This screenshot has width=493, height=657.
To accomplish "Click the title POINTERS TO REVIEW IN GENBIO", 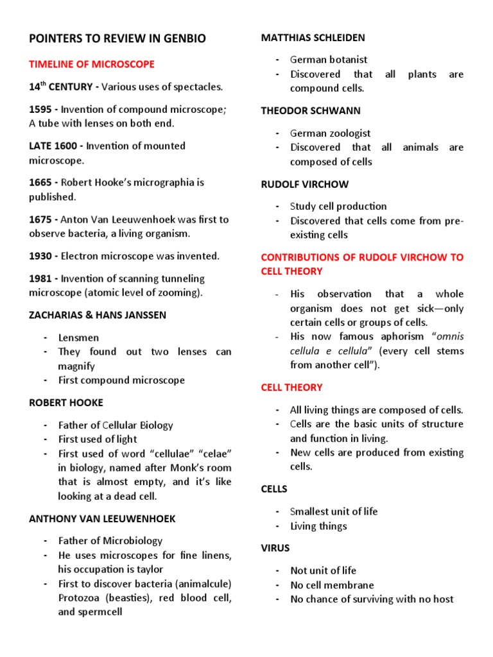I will pyautogui.click(x=117, y=39).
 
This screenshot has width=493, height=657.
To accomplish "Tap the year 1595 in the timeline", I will pyautogui.click(x=41, y=109).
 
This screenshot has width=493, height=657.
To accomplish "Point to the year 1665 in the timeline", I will pyautogui.click(x=41, y=182).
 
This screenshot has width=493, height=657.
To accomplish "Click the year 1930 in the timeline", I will pyautogui.click(x=41, y=256).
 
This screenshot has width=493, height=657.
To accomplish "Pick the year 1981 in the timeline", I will pyautogui.click(x=41, y=278).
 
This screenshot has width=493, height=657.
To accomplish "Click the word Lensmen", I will pyautogui.click(x=78, y=337).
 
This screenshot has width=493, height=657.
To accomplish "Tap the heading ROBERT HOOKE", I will pyautogui.click(x=66, y=403).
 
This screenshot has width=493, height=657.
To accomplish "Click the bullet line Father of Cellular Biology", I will pyautogui.click(x=116, y=425).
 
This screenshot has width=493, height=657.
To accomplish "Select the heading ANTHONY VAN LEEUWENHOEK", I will pyautogui.click(x=102, y=518).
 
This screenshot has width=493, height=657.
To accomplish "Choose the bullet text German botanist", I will pyautogui.click(x=329, y=60).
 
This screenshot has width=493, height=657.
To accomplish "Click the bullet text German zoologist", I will pyautogui.click(x=330, y=133).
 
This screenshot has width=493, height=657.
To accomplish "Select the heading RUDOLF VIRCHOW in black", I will pyautogui.click(x=304, y=184).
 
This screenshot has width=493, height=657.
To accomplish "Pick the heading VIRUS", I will pyautogui.click(x=275, y=548).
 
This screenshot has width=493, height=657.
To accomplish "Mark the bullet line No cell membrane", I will pyautogui.click(x=332, y=584).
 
